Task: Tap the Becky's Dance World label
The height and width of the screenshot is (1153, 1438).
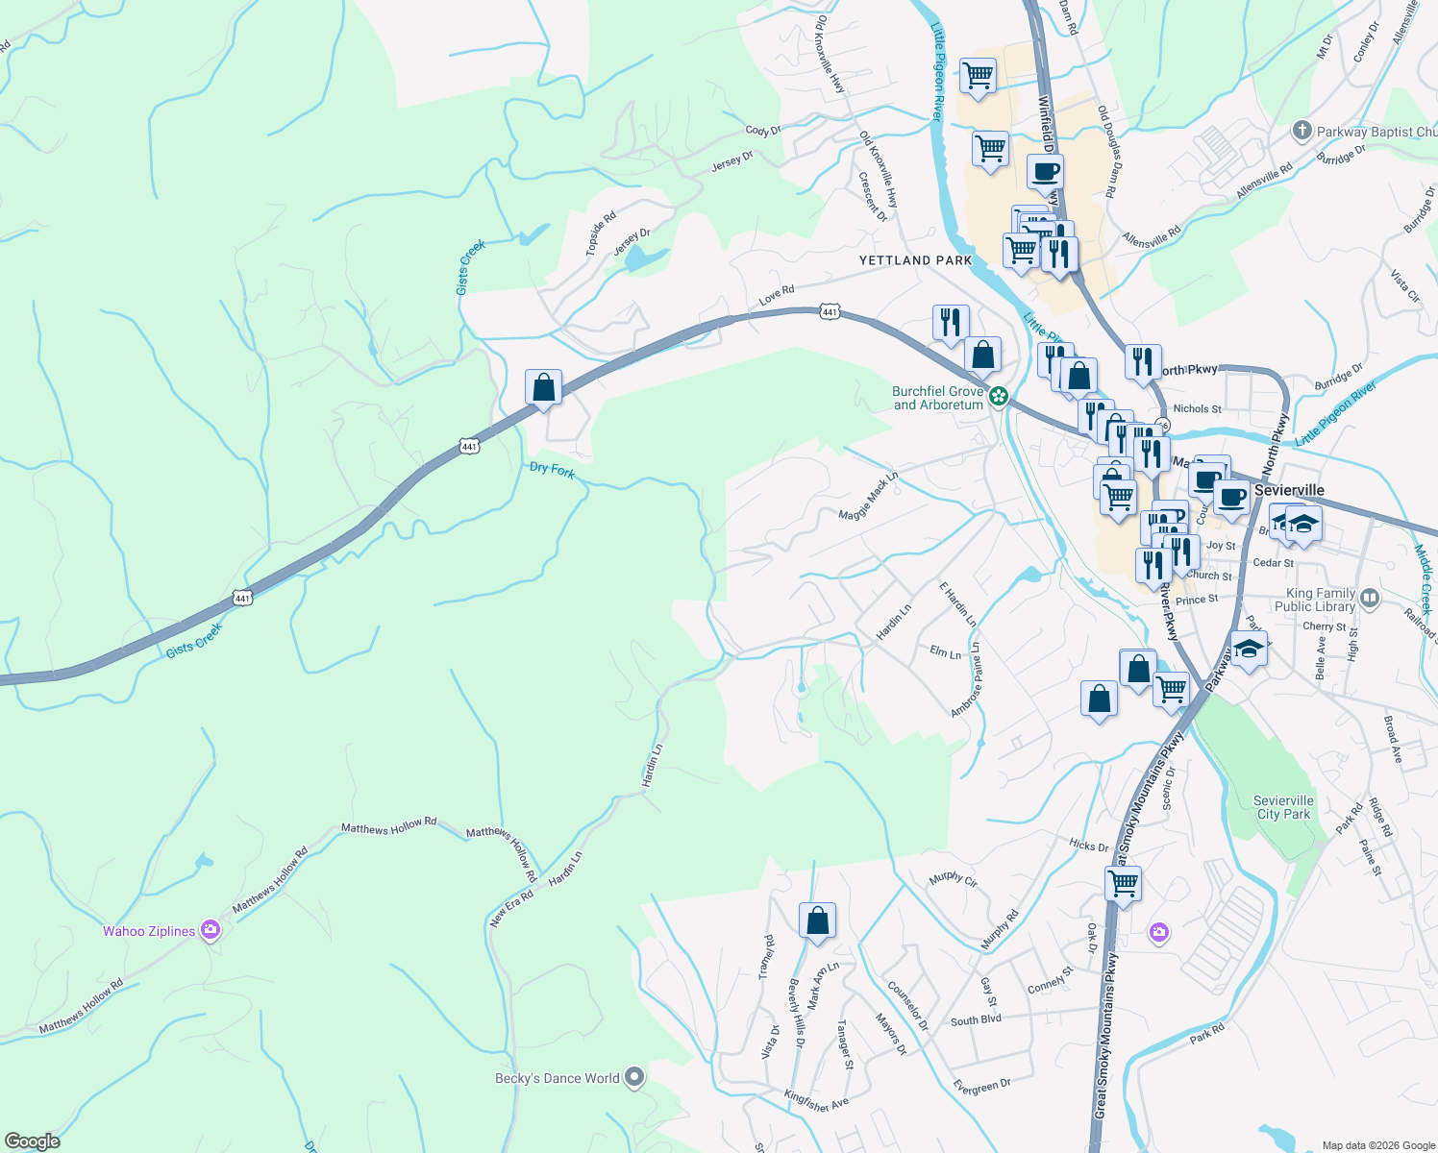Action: (x=558, y=1078)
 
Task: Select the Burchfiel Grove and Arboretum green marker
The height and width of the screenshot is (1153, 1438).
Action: (x=1000, y=396)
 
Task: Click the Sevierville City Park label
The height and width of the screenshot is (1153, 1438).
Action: (x=1283, y=807)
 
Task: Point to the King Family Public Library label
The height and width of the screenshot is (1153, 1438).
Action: (x=1314, y=600)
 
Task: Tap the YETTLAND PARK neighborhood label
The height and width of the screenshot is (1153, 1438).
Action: (x=915, y=260)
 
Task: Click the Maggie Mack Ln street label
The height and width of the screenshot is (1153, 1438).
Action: (x=867, y=496)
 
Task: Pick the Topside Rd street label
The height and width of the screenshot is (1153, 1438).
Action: (x=601, y=234)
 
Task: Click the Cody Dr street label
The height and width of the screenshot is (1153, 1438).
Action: (x=763, y=131)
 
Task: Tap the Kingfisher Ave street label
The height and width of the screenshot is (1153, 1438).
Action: (x=816, y=1101)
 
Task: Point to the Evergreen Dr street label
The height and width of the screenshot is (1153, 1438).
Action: (x=981, y=1086)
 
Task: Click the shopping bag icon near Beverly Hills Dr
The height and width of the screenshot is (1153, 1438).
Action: (x=817, y=920)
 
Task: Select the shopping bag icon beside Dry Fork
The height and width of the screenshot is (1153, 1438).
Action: (x=543, y=388)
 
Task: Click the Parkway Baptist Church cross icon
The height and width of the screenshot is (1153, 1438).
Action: (x=1302, y=131)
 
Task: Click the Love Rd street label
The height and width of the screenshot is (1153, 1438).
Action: (x=777, y=296)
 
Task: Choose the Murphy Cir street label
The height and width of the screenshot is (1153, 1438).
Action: (x=953, y=879)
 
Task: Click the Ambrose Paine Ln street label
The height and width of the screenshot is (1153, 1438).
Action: (x=967, y=680)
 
